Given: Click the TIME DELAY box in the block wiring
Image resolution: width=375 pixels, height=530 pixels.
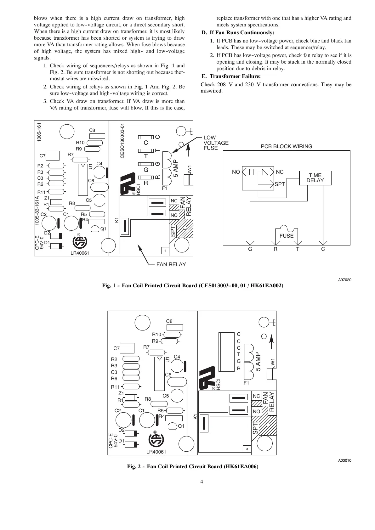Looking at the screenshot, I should coord(315,178).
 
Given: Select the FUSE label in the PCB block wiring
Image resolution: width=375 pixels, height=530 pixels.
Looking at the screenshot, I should coord(286,236).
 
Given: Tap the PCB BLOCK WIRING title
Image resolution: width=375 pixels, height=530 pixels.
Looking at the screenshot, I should coord(287,146).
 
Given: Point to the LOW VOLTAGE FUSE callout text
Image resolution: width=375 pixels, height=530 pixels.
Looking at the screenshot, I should coord(216,143).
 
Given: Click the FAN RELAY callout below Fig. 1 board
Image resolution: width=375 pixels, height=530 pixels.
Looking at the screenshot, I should coord(171,264).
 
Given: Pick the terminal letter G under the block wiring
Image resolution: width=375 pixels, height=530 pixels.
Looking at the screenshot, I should coord(250,249).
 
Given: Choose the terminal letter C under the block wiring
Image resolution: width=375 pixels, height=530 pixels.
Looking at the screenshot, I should coord(323,249).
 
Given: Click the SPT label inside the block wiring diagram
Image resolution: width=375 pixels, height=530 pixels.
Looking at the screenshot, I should coord(280,184).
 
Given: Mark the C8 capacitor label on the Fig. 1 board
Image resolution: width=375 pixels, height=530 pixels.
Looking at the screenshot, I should coord(92,130).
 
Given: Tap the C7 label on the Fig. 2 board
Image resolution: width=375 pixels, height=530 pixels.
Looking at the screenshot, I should coord(116,348).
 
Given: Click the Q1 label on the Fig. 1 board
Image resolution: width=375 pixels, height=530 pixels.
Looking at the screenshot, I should coord(103,229).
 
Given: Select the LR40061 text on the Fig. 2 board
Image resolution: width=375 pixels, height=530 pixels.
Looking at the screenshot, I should coord(156,452).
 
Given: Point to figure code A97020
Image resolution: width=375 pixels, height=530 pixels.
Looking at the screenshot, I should coord(345,279).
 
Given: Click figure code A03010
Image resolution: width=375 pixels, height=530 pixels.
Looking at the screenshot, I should coord(345,460).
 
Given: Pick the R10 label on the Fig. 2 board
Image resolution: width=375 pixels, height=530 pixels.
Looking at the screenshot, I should coord(156,335).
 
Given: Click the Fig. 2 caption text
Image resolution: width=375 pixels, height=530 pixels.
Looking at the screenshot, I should coord(193,467).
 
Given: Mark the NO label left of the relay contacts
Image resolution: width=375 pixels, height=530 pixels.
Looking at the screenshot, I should coord(236,172).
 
